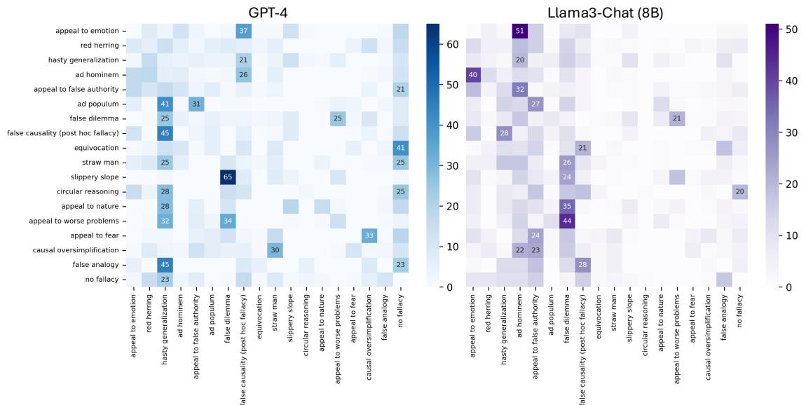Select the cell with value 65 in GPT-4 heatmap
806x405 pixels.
(x=227, y=177)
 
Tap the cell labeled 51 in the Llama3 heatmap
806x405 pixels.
(x=519, y=31)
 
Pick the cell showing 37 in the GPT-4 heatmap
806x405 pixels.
(x=243, y=31)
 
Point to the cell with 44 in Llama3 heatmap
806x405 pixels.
(x=566, y=221)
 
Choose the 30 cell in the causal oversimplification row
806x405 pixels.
(x=274, y=250)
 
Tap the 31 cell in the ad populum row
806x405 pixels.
(x=196, y=104)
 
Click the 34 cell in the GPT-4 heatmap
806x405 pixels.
(x=227, y=221)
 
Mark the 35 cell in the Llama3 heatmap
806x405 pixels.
(x=566, y=206)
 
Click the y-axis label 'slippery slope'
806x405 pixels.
(x=97, y=177)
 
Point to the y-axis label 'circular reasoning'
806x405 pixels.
(x=91, y=191)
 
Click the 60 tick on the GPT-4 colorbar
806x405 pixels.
(x=452, y=43)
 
